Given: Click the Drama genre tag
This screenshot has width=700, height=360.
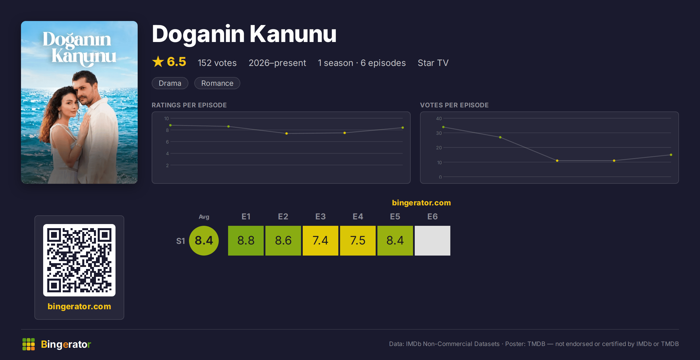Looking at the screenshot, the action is (170, 83).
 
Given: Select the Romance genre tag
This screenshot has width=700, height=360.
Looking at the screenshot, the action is (217, 83).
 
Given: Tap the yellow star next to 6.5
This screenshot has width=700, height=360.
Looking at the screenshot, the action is (158, 62).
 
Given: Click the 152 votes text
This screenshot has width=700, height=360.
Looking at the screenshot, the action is (217, 63).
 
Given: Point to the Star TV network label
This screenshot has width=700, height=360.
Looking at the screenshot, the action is (433, 63).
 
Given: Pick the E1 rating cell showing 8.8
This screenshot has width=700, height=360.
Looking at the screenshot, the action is (246, 241).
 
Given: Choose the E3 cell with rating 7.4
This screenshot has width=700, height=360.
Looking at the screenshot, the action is (321, 241).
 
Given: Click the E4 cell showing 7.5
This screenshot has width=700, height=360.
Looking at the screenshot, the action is (358, 241).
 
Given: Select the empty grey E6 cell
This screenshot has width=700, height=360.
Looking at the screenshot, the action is (433, 241).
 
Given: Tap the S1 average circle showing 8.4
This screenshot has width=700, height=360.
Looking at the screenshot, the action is (204, 241).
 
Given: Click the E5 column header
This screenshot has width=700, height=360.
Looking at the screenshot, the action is (395, 216).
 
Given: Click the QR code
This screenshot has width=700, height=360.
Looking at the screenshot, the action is (79, 260).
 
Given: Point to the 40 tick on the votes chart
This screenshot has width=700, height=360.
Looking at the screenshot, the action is (439, 118).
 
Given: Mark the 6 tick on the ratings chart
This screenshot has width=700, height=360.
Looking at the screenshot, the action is (167, 142).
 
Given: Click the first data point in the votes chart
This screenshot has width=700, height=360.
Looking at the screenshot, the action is (443, 127).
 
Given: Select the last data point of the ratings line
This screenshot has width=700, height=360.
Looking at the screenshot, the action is (403, 127).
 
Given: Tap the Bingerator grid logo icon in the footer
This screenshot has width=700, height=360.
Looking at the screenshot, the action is (29, 344).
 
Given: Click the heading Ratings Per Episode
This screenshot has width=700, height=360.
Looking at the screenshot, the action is (189, 105).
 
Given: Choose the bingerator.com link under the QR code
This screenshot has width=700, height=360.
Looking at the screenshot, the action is (79, 306).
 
